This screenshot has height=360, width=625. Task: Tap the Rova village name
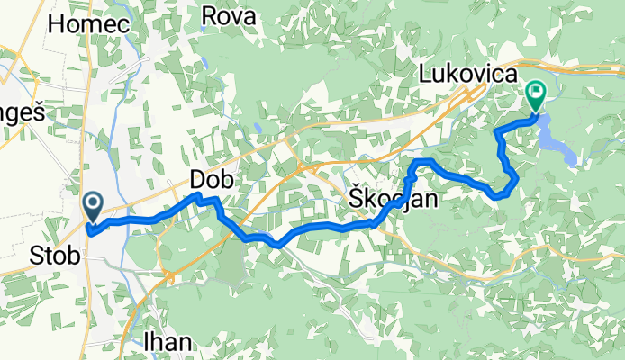229,15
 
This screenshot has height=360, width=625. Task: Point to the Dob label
212,180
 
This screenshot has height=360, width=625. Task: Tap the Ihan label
168,341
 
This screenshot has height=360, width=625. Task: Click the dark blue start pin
93,206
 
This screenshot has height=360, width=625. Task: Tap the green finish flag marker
537,92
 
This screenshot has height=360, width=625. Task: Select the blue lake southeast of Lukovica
557,139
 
